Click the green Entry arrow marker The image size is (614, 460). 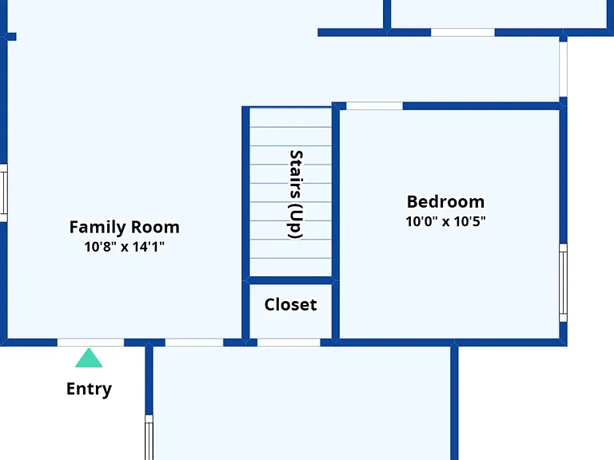[89, 358]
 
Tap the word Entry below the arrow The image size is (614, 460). [89, 389]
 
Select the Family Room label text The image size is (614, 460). [125, 227]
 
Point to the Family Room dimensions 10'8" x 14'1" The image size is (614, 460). [125, 247]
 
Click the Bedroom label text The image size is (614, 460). [445, 202]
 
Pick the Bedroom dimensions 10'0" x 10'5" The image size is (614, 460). [445, 221]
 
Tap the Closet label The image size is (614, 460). [290, 305]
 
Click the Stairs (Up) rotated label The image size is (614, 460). [296, 194]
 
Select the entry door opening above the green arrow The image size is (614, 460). [91, 343]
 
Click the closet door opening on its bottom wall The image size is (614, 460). [289, 343]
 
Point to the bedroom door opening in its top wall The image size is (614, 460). [374, 106]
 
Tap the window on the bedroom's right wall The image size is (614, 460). [563, 283]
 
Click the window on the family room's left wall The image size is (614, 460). [3, 193]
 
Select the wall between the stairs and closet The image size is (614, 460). [290, 280]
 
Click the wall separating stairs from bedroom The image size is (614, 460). [336, 192]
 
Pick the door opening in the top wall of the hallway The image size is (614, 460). [463, 33]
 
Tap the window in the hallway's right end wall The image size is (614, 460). [563, 69]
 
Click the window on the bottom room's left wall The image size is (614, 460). [149, 438]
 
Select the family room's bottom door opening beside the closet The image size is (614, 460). [194, 343]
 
